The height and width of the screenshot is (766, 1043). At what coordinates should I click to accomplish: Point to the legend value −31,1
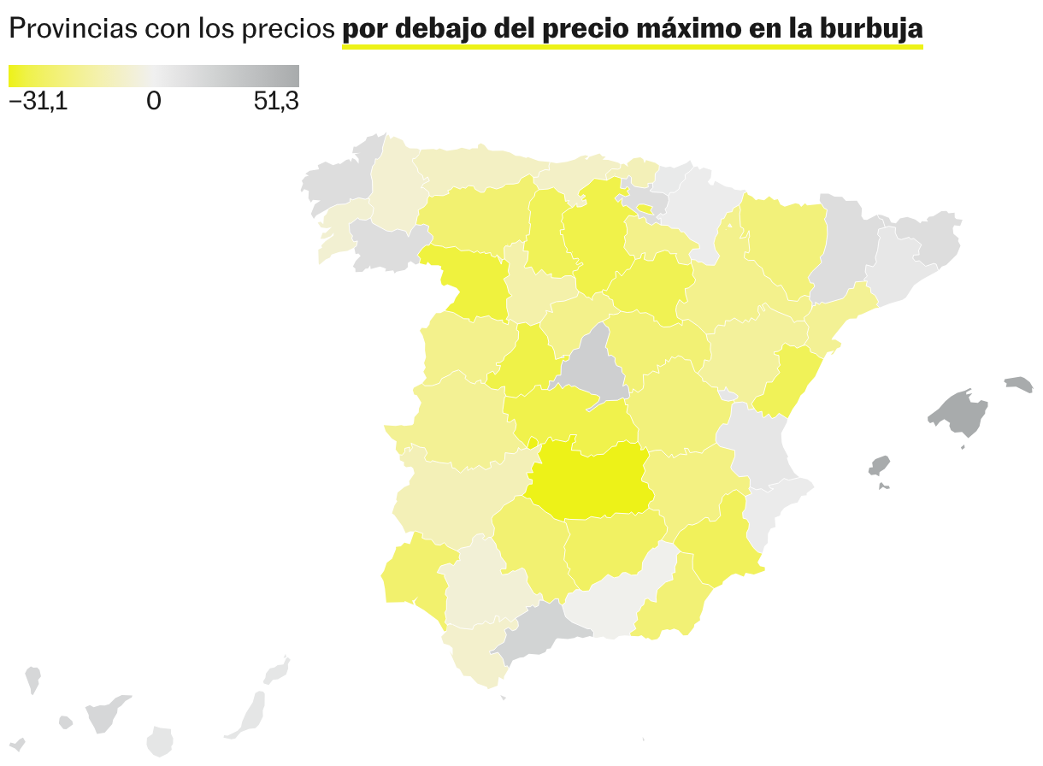38,102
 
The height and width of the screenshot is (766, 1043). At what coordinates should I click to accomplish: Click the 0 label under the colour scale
154,102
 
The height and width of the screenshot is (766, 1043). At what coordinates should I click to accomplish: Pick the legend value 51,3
276,102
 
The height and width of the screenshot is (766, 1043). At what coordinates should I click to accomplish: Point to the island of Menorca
1018,384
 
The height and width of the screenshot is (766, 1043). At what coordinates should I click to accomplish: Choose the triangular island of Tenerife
106,714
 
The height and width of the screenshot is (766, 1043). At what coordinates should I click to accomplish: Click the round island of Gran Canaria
160,741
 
